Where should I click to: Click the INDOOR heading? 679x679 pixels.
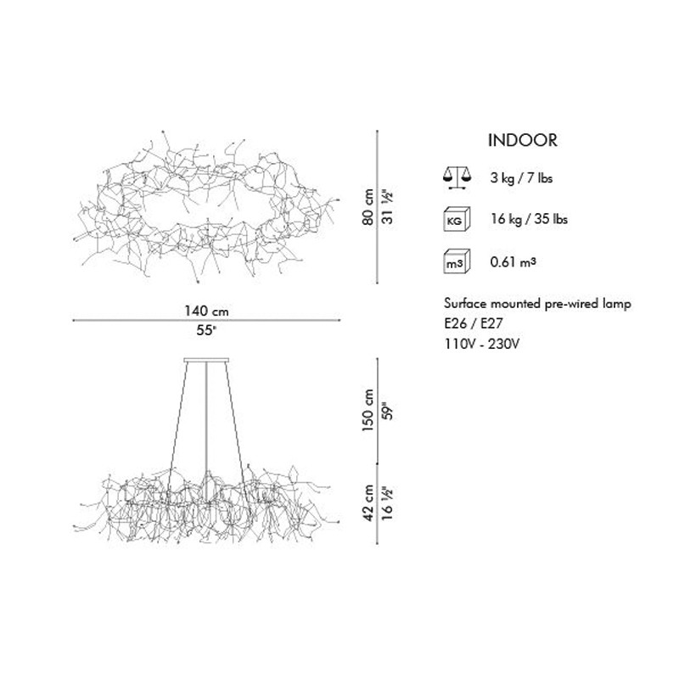pos(523,140)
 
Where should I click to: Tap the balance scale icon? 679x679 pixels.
pos(457,178)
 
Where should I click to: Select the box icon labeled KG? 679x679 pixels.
pos(457,220)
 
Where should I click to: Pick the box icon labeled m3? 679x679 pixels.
pos(457,261)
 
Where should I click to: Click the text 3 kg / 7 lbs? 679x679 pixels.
pos(521,178)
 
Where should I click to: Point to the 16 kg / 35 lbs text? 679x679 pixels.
pos(529,219)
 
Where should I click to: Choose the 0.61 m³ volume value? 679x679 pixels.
pos(513,261)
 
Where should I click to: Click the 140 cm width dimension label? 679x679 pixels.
pos(206,311)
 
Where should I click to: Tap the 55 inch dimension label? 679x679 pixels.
pos(206,330)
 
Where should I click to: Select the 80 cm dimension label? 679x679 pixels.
pos(368,206)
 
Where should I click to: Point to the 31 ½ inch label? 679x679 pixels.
pos(388,208)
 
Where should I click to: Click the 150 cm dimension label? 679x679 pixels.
pos(368,410)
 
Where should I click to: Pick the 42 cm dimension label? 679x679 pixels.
pos(368,502)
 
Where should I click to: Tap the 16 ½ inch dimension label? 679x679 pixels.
pos(388,502)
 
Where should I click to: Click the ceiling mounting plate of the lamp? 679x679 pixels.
pos(206,359)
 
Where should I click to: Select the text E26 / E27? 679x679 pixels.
pos(474,323)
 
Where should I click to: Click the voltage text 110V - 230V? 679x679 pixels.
pos(482,344)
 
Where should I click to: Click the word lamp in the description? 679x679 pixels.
pos(616,304)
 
